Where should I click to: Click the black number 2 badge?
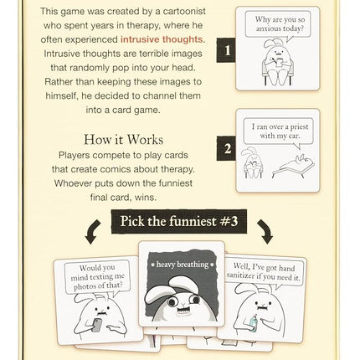[x=224, y=151]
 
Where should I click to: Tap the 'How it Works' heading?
[x=123, y=139]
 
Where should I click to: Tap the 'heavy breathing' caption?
[x=181, y=265]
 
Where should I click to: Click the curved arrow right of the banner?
[x=264, y=230]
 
